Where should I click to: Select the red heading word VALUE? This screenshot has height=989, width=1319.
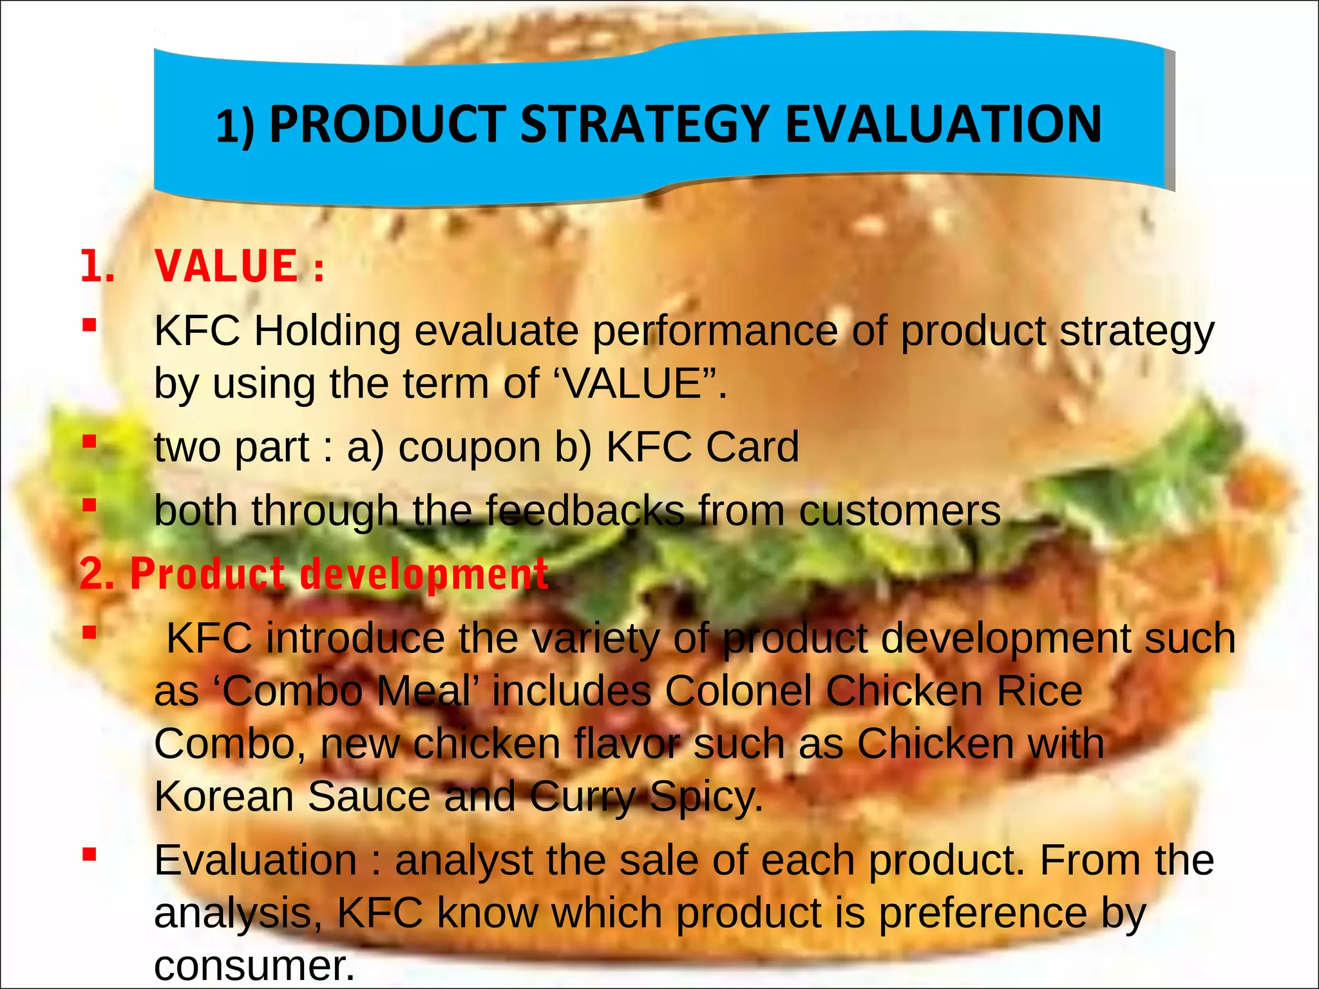(x=227, y=266)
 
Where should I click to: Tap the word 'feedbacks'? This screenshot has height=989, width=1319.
(x=585, y=511)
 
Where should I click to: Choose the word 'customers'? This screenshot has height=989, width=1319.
(x=900, y=511)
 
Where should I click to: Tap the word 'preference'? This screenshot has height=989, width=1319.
(x=983, y=914)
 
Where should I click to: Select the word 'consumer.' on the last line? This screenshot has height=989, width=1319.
(x=254, y=966)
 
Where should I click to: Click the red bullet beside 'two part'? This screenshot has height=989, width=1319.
(x=90, y=442)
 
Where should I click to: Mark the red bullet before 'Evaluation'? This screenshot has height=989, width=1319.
(x=90, y=855)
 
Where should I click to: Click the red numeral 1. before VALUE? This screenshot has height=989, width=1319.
(x=97, y=266)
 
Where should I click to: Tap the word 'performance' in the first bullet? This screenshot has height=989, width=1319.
(x=715, y=332)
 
